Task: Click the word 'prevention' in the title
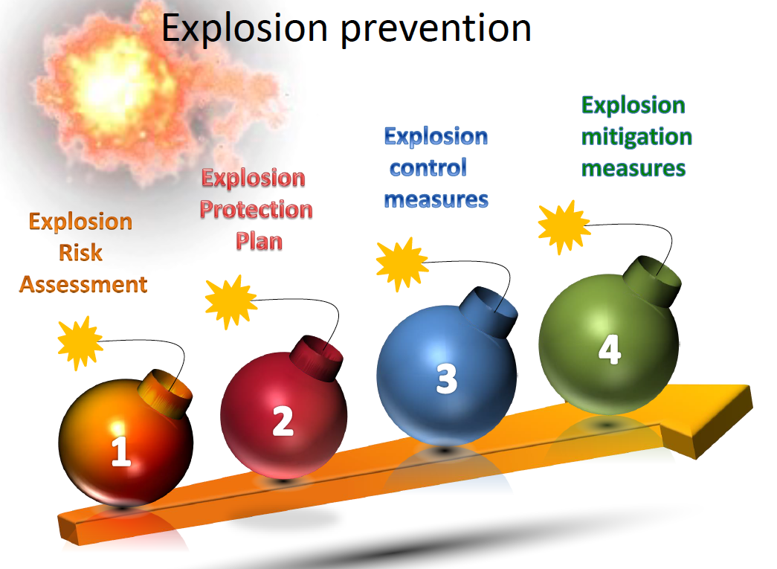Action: click(436, 30)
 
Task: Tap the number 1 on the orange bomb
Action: click(121, 451)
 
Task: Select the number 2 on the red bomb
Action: click(283, 421)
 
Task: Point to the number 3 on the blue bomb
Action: click(446, 379)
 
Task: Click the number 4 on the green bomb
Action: click(610, 349)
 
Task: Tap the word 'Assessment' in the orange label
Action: click(83, 284)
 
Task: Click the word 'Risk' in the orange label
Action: click(80, 253)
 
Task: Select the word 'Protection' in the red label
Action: click(257, 210)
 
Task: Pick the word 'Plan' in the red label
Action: click(259, 242)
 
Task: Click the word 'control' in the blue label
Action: click(428, 168)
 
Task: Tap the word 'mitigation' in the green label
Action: click(636, 138)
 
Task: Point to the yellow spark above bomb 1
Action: click(80, 343)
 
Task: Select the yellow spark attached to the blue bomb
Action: click(402, 264)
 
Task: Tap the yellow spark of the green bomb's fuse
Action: click(564, 227)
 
